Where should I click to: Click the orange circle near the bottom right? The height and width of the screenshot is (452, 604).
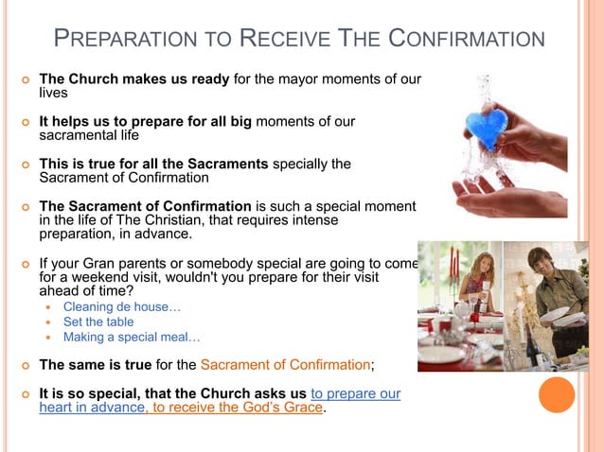557,394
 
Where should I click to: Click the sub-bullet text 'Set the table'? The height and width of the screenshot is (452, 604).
98,322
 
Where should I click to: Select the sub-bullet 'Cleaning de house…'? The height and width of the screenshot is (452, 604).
121,306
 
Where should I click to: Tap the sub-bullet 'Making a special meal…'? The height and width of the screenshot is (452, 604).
132,337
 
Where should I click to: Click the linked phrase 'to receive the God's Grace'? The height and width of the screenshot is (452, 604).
238,409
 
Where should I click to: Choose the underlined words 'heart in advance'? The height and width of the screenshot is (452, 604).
91,409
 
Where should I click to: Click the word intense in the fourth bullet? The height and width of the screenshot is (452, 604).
364,219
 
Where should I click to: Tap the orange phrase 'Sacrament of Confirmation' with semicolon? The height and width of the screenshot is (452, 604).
287,365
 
